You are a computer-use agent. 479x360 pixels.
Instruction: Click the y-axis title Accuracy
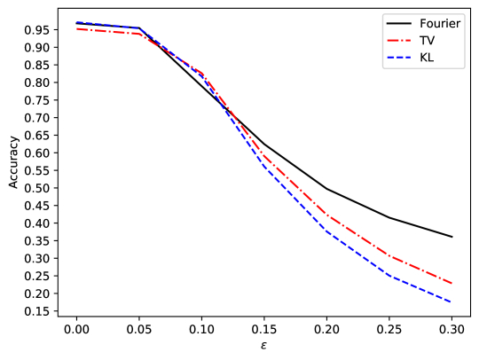point(13,160)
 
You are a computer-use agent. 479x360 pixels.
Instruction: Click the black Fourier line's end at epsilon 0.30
point(452,237)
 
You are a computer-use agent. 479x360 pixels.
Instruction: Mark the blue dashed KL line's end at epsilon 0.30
point(452,302)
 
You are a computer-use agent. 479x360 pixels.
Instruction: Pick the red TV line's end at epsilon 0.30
point(452,284)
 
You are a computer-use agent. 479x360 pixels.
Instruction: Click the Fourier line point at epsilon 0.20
point(327,188)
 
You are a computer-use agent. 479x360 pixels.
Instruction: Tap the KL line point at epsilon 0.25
point(390,276)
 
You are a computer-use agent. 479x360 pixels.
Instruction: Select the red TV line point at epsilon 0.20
point(327,215)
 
